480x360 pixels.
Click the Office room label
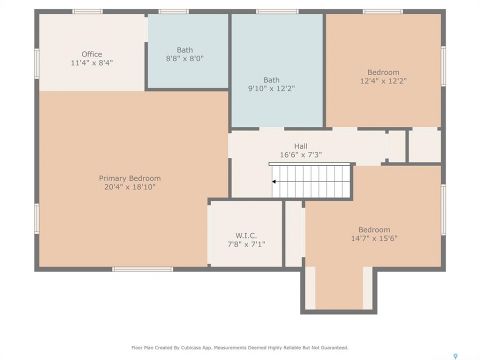click(x=92, y=54)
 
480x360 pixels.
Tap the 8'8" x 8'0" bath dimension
click(x=185, y=58)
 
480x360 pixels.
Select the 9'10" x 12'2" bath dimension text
click(x=271, y=88)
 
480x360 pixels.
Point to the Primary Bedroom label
click(x=130, y=178)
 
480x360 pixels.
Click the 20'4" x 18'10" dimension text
click(x=130, y=187)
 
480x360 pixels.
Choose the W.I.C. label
click(x=246, y=235)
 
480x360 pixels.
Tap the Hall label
click(x=301, y=146)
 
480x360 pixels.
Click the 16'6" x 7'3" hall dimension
click(x=301, y=155)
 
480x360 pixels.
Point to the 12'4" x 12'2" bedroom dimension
click(x=383, y=81)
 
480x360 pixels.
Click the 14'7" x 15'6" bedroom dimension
click(x=374, y=238)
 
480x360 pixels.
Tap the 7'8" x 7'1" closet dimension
click(x=246, y=244)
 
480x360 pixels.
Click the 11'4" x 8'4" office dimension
click(x=92, y=63)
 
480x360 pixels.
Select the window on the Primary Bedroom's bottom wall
click(x=142, y=269)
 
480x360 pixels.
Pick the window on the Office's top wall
click(x=87, y=11)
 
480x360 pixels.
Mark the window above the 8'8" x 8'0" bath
click(x=173, y=11)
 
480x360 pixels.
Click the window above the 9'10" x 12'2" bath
click(x=277, y=11)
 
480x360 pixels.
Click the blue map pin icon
click(x=455, y=356)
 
